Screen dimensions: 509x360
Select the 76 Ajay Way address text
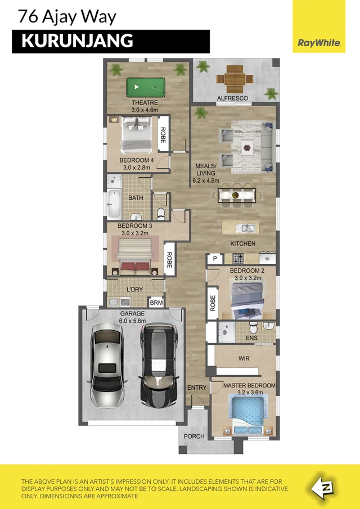point(67,16)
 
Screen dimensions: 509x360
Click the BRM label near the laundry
point(156,303)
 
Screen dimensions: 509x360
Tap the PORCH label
point(195,436)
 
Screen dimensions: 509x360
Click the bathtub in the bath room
point(114,205)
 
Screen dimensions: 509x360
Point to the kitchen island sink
point(246,228)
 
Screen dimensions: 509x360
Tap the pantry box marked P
point(214,259)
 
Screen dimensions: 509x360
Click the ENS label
point(251,338)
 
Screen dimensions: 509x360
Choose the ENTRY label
point(197,388)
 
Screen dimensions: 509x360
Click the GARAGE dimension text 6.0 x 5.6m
point(132,320)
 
